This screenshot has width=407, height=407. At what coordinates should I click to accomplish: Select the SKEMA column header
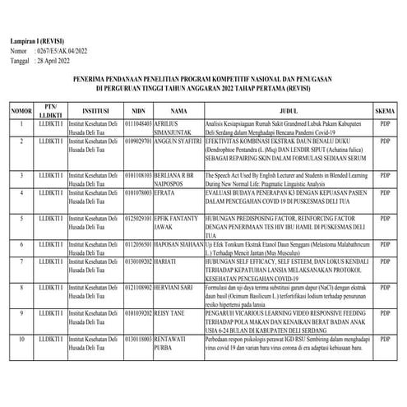pos(386,109)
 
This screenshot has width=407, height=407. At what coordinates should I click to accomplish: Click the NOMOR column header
pos(20,109)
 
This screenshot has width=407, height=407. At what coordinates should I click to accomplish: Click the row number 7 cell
pos(20,261)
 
